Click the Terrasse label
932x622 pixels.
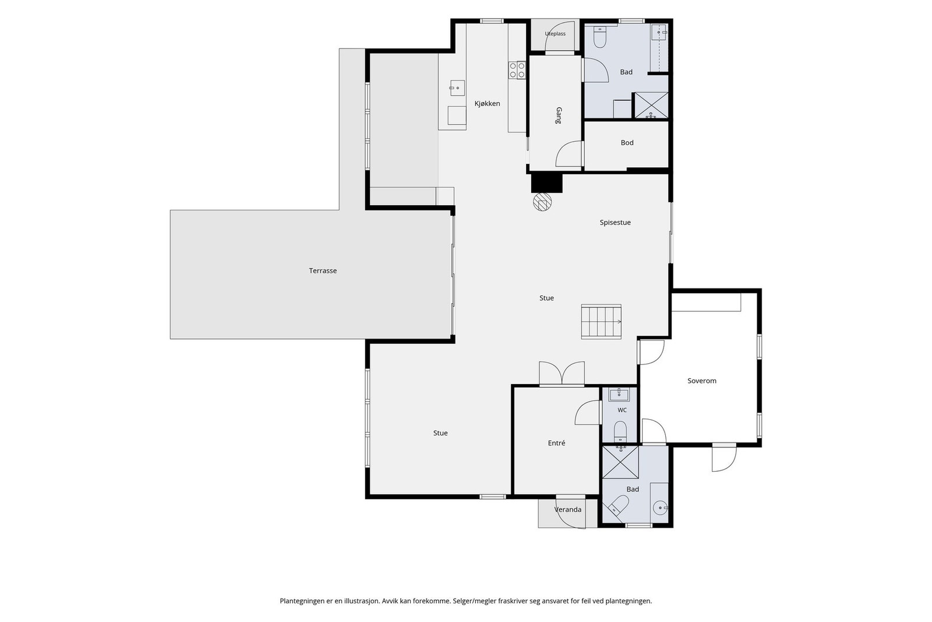[x=323, y=270]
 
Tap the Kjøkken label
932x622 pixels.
[x=487, y=104]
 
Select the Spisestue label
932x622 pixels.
[x=615, y=222]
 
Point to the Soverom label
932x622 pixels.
[x=702, y=381]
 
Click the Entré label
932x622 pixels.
[x=556, y=443]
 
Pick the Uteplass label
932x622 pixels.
[x=555, y=34]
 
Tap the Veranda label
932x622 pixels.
[x=568, y=509]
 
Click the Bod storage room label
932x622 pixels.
[x=627, y=143]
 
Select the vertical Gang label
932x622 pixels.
[x=559, y=116]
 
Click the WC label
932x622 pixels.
[x=622, y=410]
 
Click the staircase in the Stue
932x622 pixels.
[x=601, y=322]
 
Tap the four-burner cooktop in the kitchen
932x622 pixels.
[x=517, y=70]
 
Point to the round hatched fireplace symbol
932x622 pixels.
[x=542, y=202]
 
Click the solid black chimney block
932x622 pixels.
[x=547, y=182]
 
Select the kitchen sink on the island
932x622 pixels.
[x=457, y=88]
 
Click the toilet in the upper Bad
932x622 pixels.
[x=599, y=37]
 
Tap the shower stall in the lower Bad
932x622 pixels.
[x=620, y=462]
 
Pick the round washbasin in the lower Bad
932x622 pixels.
[x=660, y=508]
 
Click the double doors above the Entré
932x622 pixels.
[x=562, y=374]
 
